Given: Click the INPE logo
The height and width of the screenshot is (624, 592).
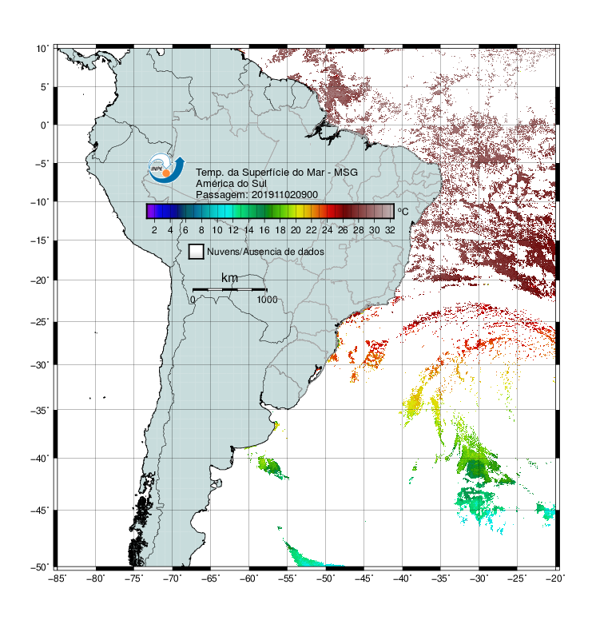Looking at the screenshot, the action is coord(166,168).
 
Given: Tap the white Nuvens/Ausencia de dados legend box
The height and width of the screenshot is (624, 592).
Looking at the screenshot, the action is coord(197,252).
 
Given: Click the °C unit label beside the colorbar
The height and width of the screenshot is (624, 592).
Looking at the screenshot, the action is coord(403,211).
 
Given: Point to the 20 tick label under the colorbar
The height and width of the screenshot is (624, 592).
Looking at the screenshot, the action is coord(296,230).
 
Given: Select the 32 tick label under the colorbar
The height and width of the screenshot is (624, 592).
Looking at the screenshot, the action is coord(390,230).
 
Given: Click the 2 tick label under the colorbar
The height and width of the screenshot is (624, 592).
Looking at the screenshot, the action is coord(154,230).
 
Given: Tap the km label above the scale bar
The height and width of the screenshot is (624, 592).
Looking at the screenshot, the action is coord(229,278).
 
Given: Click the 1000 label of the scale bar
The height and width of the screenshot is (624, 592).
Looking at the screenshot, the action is coord(267,300).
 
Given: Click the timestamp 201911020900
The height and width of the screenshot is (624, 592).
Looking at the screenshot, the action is coord(284,195).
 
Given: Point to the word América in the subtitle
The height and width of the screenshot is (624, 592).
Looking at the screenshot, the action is coord(214,184).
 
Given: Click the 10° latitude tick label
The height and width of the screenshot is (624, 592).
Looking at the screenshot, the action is coord(42,49).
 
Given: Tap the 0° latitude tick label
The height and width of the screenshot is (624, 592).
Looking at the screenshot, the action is coord(44,125).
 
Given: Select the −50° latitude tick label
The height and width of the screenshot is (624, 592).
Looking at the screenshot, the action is coord(40,567).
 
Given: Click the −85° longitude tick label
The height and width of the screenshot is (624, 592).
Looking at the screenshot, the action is coord(57,578).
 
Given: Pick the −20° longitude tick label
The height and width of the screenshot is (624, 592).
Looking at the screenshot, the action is coord(555,578).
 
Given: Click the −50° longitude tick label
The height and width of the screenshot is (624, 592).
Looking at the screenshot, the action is coord(325,578).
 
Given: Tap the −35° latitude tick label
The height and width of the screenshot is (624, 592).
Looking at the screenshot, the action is coord(40,410).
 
